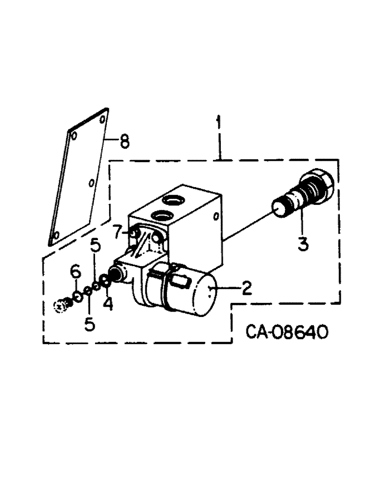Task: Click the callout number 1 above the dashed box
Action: coord(218,123)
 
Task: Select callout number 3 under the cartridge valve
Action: coord(304,243)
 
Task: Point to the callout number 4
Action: coord(108,304)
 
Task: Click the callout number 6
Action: coord(75,270)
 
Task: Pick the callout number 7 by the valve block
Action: coord(117,232)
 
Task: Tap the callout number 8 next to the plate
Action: coord(124,143)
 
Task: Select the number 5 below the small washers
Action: coord(90,324)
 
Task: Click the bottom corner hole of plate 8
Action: coord(55,237)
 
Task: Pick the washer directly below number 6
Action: coord(77,296)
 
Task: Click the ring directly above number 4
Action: coord(105,282)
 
